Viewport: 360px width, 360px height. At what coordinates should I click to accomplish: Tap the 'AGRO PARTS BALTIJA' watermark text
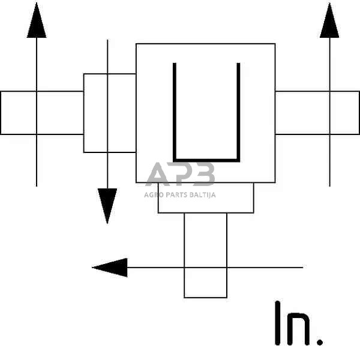tap(180, 194)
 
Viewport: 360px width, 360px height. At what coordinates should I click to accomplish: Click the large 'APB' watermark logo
tap(180, 175)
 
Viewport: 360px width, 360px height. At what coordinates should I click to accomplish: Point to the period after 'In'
tap(320, 343)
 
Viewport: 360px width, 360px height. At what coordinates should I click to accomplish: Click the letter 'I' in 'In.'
tap(278, 324)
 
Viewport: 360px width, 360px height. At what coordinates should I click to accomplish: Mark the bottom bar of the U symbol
tap(206, 160)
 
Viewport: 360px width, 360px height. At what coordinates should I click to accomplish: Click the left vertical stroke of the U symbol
tap(175, 111)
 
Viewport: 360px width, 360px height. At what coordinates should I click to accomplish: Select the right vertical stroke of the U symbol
tap(239, 111)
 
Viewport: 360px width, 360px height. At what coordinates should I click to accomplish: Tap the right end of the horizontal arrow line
tap(302, 267)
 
